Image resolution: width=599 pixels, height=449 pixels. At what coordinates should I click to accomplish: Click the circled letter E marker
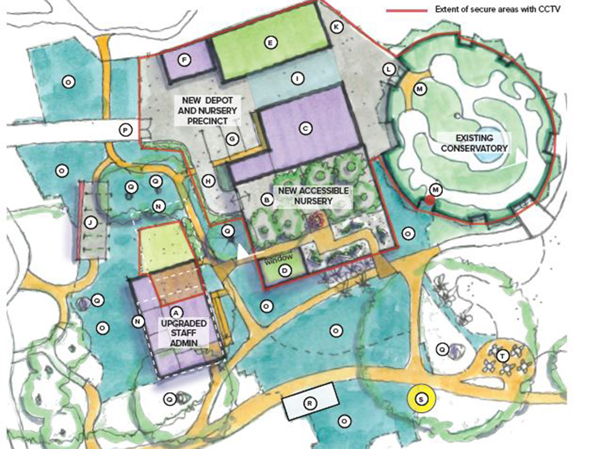(x=270, y=43)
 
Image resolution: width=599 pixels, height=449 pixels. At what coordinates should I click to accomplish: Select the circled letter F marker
(x=184, y=60)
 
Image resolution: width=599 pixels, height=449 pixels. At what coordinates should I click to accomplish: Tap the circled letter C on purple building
(x=306, y=128)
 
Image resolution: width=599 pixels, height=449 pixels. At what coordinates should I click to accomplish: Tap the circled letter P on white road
(x=125, y=131)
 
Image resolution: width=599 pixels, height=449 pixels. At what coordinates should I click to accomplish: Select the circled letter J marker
(x=90, y=223)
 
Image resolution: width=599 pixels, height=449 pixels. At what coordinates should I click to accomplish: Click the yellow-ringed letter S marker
(x=421, y=399)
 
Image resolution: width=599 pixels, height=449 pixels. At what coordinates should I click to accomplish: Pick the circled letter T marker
(x=503, y=356)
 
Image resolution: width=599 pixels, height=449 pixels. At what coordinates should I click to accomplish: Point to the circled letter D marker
(x=285, y=271)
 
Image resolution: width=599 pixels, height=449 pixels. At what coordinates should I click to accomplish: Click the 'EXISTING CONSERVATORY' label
(x=474, y=143)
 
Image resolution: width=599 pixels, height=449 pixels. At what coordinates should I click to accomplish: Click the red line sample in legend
(x=407, y=9)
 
